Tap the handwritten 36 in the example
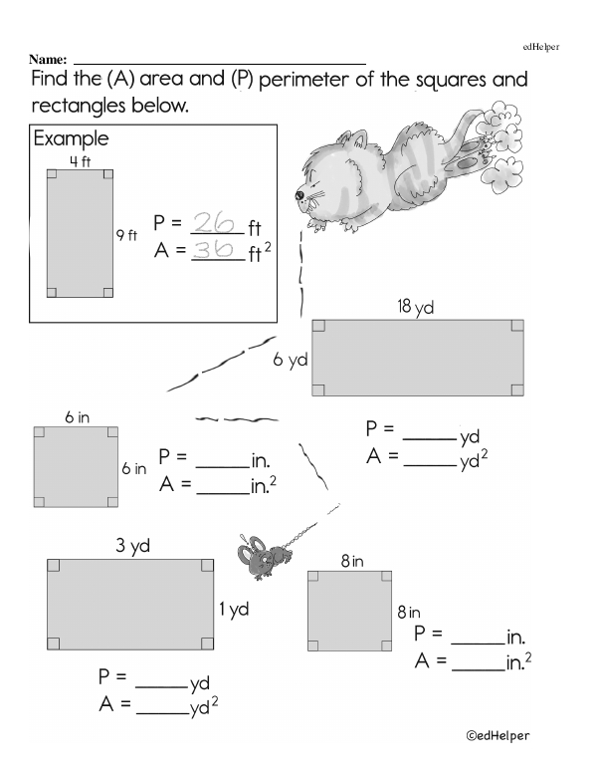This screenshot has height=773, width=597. pyautogui.click(x=214, y=250)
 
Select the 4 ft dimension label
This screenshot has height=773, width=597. pyautogui.click(x=80, y=160)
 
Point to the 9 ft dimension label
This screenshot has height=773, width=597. pyautogui.click(x=126, y=236)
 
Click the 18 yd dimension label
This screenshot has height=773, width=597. pyautogui.click(x=416, y=308)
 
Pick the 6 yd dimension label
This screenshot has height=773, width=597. pyautogui.click(x=291, y=361)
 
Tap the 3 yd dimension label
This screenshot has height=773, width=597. pyautogui.click(x=131, y=547)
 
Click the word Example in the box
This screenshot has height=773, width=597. pyautogui.click(x=71, y=138)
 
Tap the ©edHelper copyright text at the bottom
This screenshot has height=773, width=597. pyautogui.click(x=498, y=735)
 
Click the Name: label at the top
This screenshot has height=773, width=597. pyautogui.click(x=49, y=60)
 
